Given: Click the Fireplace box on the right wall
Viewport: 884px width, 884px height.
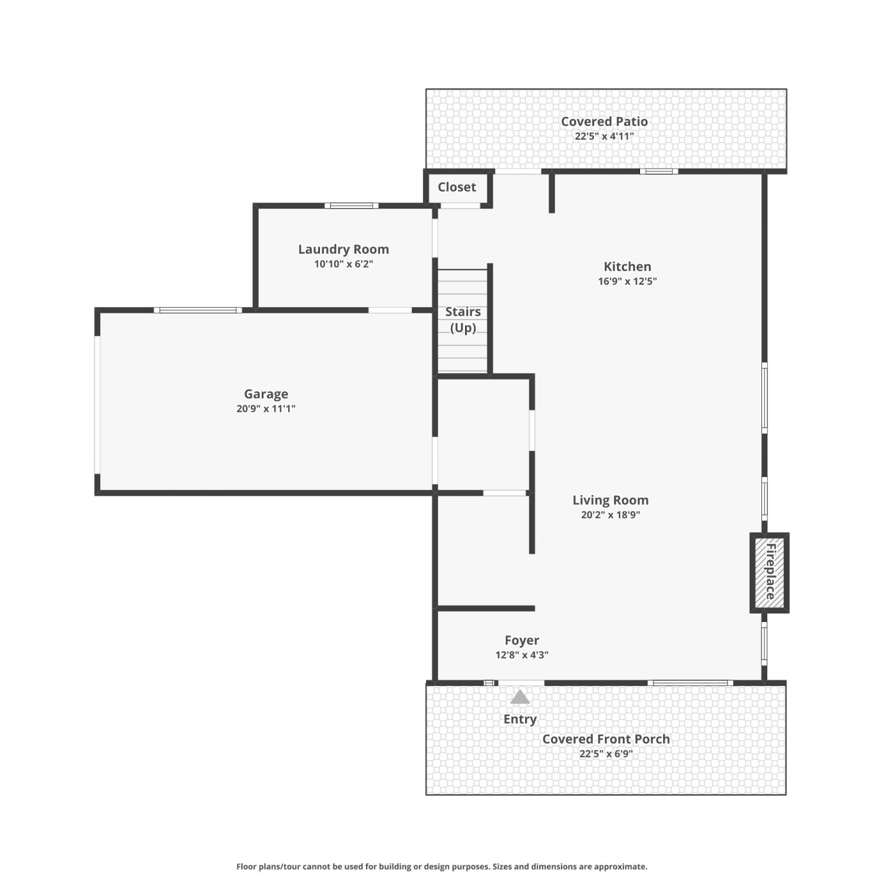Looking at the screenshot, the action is tap(769, 573).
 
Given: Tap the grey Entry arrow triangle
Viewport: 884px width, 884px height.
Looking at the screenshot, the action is tap(520, 697).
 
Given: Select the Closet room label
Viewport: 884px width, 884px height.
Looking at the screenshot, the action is tap(457, 187).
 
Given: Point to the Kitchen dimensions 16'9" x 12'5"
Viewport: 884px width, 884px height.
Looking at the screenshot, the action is tap(627, 281).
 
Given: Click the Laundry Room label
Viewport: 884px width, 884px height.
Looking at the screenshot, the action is tap(344, 249).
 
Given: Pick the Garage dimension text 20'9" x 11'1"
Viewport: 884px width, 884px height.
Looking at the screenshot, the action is tap(266, 408).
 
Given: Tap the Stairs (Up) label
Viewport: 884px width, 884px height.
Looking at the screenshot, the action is tap(463, 319).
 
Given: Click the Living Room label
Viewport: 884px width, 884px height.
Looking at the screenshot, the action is tap(611, 500).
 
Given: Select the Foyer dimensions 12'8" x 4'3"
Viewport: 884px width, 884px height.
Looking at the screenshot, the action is tap(522, 655).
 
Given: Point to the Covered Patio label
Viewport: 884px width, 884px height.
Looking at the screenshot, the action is tap(604, 121).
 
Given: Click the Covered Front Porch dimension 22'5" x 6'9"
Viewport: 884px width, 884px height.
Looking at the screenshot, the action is tap(606, 754).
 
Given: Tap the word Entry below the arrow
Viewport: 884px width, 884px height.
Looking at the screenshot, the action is tap(520, 719).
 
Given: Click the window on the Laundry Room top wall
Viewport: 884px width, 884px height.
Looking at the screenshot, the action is tap(351, 206).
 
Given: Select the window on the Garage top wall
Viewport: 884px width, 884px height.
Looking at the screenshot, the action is tap(198, 310).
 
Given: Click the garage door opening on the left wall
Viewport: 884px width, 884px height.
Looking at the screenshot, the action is tap(97, 405).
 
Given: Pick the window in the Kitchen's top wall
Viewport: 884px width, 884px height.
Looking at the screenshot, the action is tap(659, 171).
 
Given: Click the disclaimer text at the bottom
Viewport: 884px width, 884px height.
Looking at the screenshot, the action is tap(441, 866).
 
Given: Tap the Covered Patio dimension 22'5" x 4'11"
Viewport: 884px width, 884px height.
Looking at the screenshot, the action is tap(604, 136).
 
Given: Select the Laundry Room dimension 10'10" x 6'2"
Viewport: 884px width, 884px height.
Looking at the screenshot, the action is tap(344, 264).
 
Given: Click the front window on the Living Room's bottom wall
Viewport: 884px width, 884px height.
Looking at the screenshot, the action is tap(690, 683).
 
